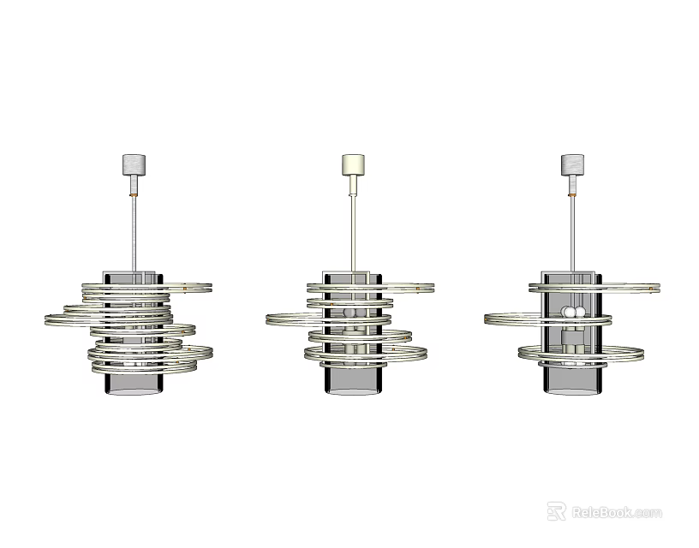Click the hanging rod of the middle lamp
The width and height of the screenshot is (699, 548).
pos(352,231)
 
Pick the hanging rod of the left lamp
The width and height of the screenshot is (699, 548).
pos(133,231)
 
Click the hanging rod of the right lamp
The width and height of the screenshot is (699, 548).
pos(571,231)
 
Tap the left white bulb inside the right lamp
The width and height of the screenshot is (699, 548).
pos(566,312)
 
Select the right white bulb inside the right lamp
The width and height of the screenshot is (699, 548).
pos(578,312)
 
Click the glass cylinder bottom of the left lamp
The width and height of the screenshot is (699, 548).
pos(133,384)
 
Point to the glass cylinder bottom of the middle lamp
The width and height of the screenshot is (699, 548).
pos(352,383)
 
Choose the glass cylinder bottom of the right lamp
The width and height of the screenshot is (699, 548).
pos(571,383)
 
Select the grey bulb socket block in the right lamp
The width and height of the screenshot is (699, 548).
pos(571,330)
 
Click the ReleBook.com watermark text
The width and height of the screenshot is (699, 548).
pos(616,512)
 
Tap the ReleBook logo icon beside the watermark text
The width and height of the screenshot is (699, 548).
pos(556,511)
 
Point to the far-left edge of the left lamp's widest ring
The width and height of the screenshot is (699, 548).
pos(46,319)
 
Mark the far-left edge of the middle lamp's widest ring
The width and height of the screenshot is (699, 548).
pos(267,319)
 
